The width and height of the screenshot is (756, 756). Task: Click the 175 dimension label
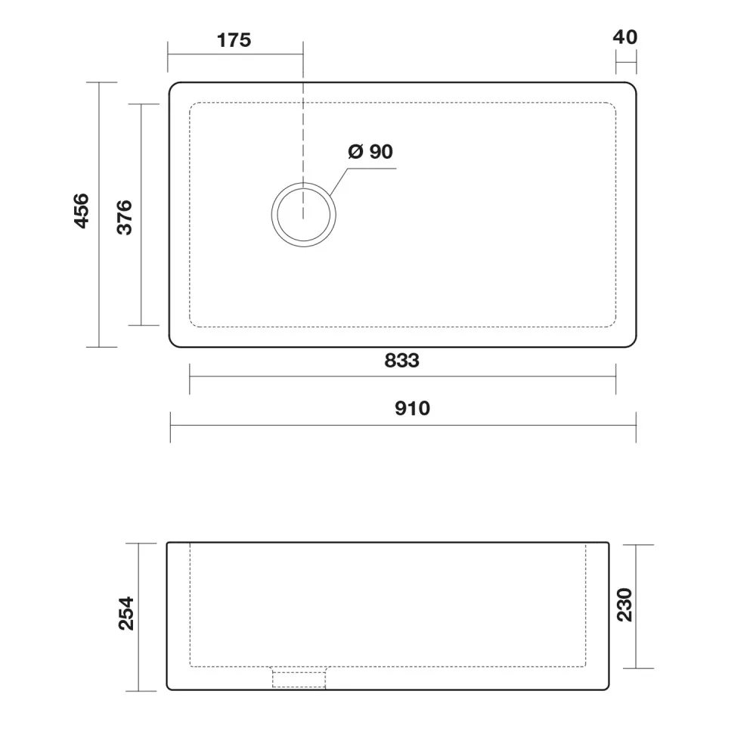pos(234,40)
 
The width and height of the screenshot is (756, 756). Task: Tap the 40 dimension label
pos(625,37)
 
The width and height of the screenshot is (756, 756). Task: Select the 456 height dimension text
pos(82,211)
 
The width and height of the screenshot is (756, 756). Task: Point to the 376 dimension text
pos(125,217)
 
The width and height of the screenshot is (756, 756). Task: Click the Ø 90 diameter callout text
pos(370,151)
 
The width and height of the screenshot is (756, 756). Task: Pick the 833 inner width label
pos(401,361)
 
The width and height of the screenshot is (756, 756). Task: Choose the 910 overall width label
pos(412,408)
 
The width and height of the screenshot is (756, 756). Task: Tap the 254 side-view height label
pos(126,613)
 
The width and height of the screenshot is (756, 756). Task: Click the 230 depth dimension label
pos(624,605)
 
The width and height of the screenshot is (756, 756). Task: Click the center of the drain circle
pos(303,215)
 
